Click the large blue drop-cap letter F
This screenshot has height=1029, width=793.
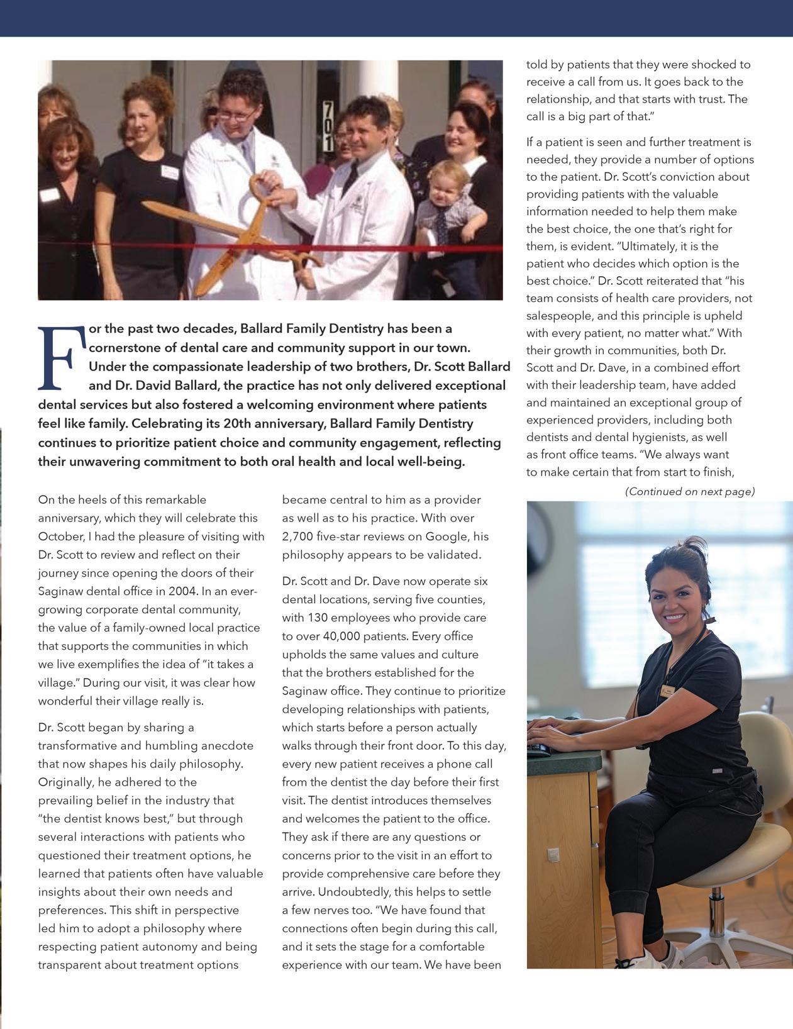(x=62, y=357)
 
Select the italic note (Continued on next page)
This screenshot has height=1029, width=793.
(x=689, y=491)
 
